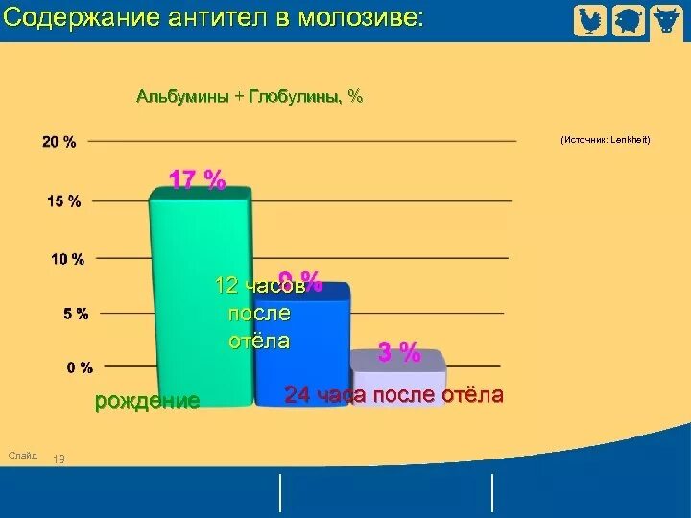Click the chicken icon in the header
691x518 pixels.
(x=590, y=20)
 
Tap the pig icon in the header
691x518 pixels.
(x=628, y=20)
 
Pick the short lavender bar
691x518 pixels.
(x=397, y=379)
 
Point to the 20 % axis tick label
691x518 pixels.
(x=60, y=142)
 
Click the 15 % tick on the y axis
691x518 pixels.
(x=64, y=200)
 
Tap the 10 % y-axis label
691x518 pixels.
(x=66, y=258)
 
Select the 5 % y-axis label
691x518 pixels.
(x=77, y=313)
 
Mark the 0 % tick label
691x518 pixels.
(x=80, y=366)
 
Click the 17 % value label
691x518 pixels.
(x=198, y=179)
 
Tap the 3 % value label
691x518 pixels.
(x=399, y=353)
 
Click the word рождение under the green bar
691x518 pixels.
(x=147, y=401)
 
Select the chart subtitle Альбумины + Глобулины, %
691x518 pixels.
(x=250, y=97)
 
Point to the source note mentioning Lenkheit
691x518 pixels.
(x=606, y=140)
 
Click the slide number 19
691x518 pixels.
(x=59, y=459)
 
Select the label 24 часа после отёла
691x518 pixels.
(x=393, y=396)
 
